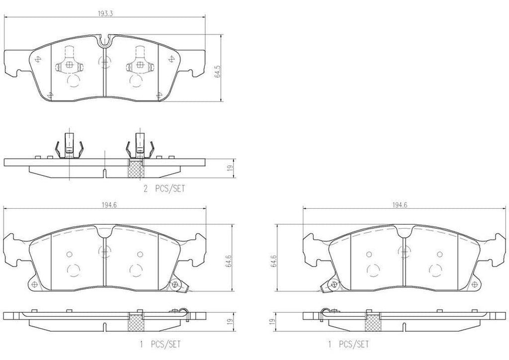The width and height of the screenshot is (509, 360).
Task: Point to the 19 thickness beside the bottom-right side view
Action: point(272,322)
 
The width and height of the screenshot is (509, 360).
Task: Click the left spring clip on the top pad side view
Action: point(68,147)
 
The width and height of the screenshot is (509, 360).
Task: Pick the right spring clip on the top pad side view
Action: point(139,147)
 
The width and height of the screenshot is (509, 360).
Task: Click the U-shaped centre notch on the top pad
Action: point(104,40)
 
